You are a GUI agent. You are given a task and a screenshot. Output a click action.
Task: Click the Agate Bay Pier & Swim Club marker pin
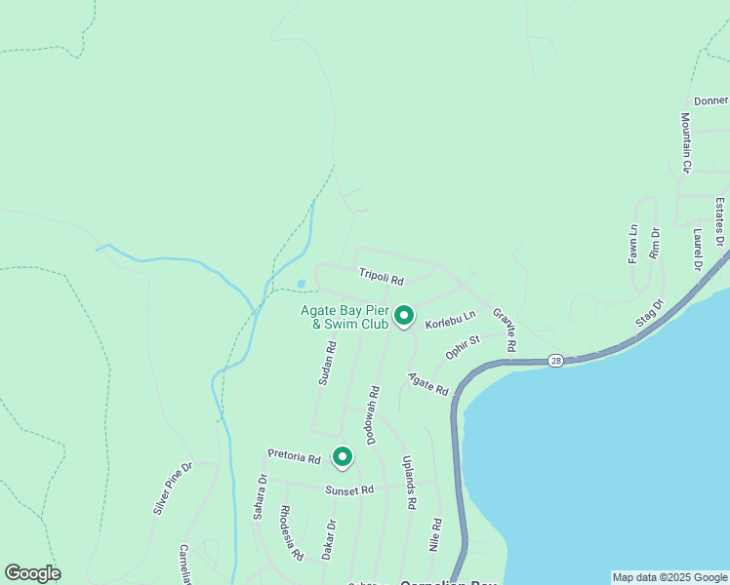(x=403, y=315)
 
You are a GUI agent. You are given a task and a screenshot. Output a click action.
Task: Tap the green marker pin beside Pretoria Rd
(x=342, y=455)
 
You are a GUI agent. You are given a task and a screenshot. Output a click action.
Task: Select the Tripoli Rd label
(x=381, y=277)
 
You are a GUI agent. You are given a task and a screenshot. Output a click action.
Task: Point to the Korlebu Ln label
(x=450, y=319)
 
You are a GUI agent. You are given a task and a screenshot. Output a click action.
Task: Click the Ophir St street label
(x=464, y=347)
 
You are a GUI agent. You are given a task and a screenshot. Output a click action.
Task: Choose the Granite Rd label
(x=504, y=331)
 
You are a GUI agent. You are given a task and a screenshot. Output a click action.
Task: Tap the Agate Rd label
(x=428, y=384)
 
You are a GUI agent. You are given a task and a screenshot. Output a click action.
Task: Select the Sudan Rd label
(x=326, y=363)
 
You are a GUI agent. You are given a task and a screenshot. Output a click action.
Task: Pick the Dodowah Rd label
(x=374, y=413)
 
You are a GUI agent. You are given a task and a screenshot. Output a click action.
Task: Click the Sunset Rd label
(x=349, y=490)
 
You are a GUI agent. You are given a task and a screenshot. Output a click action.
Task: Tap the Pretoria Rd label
(x=295, y=457)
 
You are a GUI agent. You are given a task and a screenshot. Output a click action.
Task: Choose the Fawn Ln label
(x=632, y=244)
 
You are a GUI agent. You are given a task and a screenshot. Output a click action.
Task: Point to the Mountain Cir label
(x=686, y=142)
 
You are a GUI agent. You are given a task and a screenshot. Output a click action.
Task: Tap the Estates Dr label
(x=719, y=221)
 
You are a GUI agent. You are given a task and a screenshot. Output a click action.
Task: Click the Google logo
(x=32, y=573)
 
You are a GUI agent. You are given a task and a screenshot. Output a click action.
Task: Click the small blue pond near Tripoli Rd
(x=301, y=285)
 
